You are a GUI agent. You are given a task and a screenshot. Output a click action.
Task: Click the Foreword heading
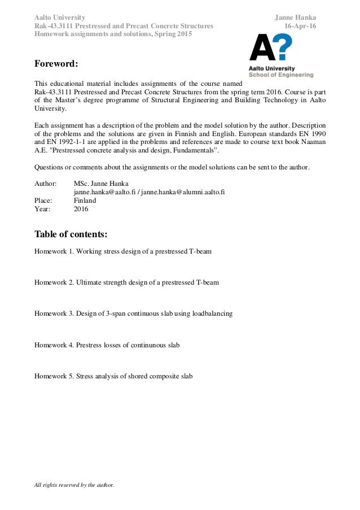(x=56, y=63)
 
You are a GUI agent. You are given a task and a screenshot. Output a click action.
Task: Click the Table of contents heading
(x=71, y=234)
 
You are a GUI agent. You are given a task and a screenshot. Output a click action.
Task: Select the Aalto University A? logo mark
(x=271, y=47)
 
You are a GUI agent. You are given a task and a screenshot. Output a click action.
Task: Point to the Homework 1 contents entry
(x=123, y=251)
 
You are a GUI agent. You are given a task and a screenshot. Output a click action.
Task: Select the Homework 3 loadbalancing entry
(x=133, y=313)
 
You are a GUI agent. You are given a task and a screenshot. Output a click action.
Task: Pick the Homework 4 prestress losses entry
(x=107, y=344)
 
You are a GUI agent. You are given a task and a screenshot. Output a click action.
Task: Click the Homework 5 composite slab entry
(x=113, y=375)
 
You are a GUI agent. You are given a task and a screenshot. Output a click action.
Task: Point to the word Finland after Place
(x=85, y=200)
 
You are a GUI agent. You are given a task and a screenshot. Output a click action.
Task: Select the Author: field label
(x=46, y=184)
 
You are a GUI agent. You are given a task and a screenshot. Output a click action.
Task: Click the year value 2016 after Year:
(x=81, y=209)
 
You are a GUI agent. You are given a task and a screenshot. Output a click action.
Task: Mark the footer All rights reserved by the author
(x=74, y=485)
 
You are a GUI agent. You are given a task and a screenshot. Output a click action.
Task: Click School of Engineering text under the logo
(x=281, y=75)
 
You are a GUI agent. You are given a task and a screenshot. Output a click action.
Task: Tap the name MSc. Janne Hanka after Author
(x=101, y=184)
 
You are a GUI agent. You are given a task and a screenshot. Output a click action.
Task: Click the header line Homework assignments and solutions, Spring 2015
(x=113, y=34)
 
